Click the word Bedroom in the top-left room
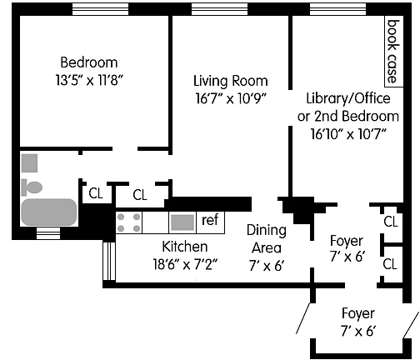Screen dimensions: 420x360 coord(89,62)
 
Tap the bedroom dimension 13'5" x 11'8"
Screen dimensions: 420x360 coord(89,80)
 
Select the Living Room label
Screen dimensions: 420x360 coord(231,81)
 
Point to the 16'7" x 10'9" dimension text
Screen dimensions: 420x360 coord(231,98)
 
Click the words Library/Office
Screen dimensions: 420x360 coord(348,98)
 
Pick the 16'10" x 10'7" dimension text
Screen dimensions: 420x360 coord(348,134)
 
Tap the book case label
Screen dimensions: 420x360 coord(393,52)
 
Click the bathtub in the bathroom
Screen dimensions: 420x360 coord(49,212)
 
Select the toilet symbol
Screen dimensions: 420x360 coord(32,187)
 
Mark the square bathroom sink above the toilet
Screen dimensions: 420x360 coord(29,163)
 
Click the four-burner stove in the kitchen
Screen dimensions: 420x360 coord(128,222)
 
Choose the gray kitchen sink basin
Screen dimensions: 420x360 coord(182,222)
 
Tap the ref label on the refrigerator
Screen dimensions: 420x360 coord(210,220)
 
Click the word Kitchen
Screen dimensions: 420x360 coord(185,247)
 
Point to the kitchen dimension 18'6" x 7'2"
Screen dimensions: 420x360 coord(185,264)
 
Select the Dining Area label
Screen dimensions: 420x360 coord(267,239)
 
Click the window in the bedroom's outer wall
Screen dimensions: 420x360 coord(101,9)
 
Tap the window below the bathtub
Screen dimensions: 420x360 coord(48,233)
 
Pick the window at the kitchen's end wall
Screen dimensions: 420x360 coord(109,261)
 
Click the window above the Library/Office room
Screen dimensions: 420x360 coord(337,9)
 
